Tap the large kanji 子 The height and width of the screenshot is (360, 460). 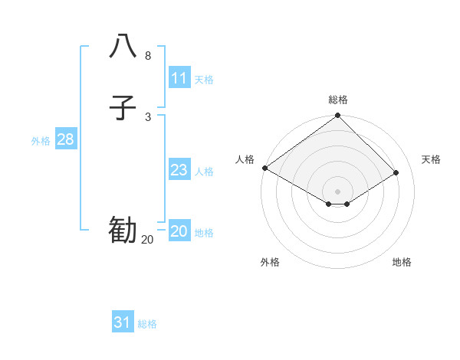click(123, 108)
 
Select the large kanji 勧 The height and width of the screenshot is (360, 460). click(123, 230)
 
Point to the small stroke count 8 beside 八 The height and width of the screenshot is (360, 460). click(148, 56)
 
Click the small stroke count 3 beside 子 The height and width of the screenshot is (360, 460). click(148, 117)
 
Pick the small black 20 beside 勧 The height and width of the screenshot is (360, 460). click(147, 240)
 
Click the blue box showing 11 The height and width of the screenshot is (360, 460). click(179, 78)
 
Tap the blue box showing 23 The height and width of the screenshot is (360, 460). click(179, 170)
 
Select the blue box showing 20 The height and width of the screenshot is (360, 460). click(179, 231)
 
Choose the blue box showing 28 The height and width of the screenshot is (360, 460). click(65, 139)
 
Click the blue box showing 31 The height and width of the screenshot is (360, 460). click(123, 322)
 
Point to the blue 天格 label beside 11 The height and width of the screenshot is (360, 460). click(204, 80)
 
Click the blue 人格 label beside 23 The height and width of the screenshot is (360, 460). click(204, 172)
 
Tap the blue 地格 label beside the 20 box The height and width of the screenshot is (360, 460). click(204, 233)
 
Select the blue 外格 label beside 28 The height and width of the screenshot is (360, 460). click(41, 141)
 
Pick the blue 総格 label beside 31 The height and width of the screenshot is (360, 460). click(147, 324)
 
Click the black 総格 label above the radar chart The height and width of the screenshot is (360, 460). click(338, 100)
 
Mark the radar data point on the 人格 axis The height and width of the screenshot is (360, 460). click(264, 168)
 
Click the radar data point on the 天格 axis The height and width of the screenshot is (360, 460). click(396, 173)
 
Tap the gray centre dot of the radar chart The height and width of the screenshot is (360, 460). click(337, 191)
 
